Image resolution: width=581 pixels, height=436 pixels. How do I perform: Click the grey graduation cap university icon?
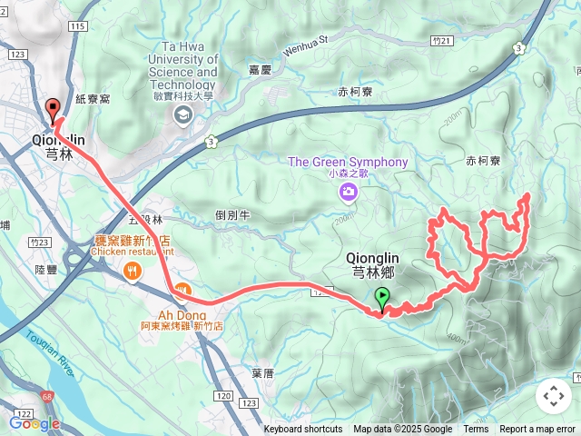coord(183,114)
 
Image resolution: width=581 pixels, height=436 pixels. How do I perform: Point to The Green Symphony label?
coord(348,162)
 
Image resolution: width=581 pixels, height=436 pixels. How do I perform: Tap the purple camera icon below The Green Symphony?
coord(348,192)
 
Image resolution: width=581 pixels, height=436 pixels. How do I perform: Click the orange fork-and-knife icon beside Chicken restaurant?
coord(133,269)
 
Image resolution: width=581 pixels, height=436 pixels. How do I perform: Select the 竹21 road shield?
coord(442,41)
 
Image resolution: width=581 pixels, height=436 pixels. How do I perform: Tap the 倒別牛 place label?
coord(233,214)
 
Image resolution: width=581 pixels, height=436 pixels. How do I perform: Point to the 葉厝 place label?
coord(262,372)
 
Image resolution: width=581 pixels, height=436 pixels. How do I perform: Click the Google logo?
coord(34,423)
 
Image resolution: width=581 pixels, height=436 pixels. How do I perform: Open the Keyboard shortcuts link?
coord(303,430)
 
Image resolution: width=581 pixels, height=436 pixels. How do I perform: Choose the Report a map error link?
coord(537,430)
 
